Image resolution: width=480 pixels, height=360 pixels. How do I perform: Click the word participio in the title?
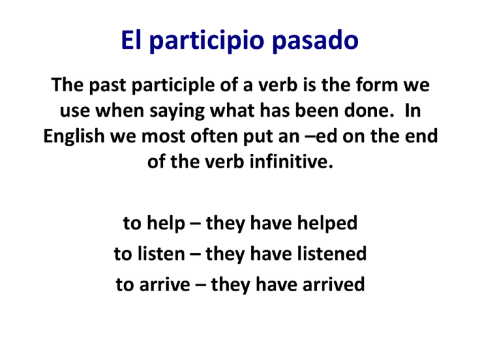pos(207,41)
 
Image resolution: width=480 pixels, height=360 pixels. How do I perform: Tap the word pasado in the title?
pos(315,40)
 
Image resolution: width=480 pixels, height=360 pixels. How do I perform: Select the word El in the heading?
pos(131,39)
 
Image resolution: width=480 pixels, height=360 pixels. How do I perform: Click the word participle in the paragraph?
pos(173,86)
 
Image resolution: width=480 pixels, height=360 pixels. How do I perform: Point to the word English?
pos(74,136)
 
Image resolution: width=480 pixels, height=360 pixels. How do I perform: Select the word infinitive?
pos(291,161)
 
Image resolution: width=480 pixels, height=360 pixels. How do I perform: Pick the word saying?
pos(177,111)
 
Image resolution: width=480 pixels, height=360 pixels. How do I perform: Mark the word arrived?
pos(334,284)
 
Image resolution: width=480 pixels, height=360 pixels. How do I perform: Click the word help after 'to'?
pos(166,224)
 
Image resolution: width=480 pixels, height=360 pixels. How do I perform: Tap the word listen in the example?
pos(161,254)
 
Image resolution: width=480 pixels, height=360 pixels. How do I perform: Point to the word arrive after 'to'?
pos(165,284)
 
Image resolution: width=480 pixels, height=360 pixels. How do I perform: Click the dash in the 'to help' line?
pos(195,224)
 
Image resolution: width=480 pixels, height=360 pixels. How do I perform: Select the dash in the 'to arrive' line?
pos(201,285)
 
